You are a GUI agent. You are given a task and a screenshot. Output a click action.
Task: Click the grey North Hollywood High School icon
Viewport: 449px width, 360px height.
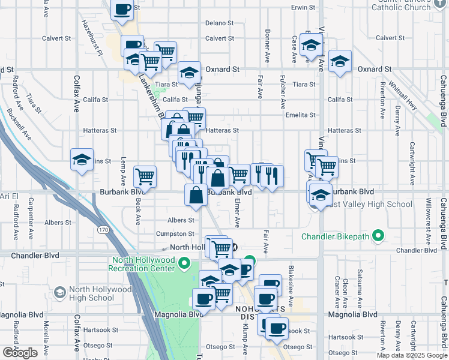59,293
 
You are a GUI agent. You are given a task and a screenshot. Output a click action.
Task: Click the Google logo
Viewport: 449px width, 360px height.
19,353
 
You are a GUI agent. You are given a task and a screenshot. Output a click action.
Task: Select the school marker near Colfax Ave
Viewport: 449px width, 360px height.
82,160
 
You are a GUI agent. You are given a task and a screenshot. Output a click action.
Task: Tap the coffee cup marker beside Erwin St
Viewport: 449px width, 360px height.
122,10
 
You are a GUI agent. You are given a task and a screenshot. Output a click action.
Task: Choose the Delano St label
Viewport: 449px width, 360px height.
219,23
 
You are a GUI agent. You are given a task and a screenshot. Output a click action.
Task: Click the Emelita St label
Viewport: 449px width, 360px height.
301,115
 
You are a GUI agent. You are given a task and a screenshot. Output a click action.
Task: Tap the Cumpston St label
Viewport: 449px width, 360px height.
175,234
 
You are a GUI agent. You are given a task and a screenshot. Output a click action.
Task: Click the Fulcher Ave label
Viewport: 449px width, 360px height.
282,86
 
